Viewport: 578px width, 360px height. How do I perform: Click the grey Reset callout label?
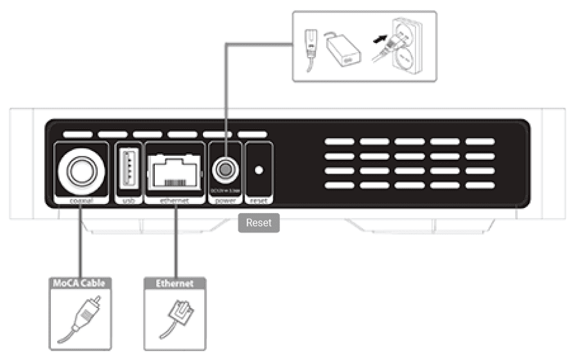coord(259,223)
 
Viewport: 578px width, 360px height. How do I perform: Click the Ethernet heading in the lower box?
coord(174,283)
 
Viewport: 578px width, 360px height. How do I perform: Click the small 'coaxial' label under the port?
coord(80,201)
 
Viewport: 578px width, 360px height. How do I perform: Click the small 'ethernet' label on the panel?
coord(174,201)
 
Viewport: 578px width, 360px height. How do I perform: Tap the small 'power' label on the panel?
coord(225,201)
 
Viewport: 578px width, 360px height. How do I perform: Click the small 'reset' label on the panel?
coord(259,201)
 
